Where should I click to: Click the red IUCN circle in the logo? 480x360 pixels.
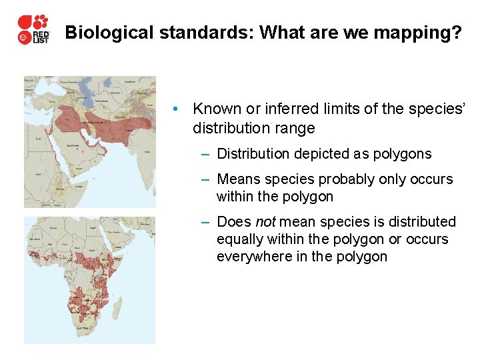pyautogui.click(x=23, y=38)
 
